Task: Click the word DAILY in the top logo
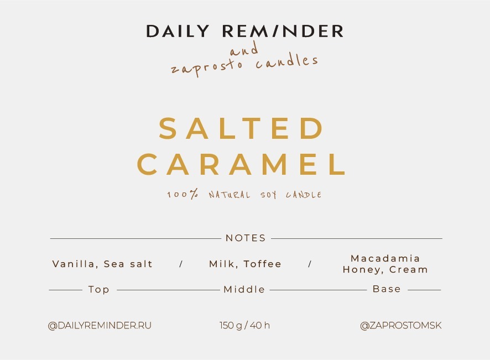(178, 32)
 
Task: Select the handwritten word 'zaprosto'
(206, 66)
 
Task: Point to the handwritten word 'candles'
(287, 61)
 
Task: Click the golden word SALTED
(241, 128)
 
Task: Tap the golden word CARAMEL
(241, 164)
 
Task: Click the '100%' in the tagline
(183, 194)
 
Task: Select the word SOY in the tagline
(269, 195)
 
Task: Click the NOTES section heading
(246, 238)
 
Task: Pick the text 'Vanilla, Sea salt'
(102, 264)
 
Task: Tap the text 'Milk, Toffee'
(246, 264)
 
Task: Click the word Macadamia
(385, 258)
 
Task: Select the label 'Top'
(99, 289)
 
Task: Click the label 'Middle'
(244, 289)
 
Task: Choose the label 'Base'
(387, 289)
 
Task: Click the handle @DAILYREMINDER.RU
(100, 325)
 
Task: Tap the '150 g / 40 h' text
(244, 325)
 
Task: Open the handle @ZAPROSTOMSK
(401, 325)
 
